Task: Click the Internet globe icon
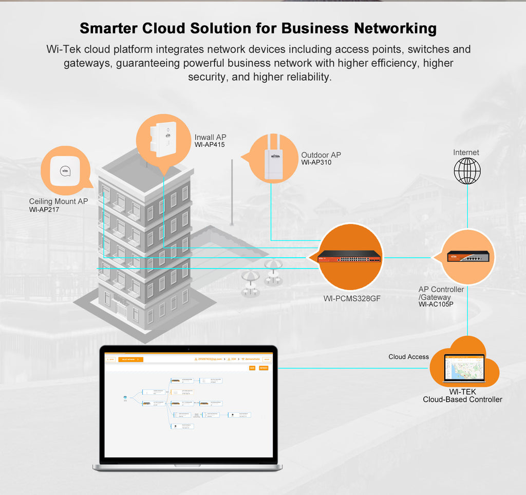[467, 171]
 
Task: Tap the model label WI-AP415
[210, 145]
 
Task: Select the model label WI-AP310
[316, 163]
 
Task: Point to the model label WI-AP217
[45, 210]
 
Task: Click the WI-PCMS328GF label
[352, 298]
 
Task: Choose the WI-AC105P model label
[436, 304]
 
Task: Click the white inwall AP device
[163, 139]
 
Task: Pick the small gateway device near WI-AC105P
[467, 256]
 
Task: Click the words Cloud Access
[408, 357]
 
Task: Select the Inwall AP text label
[210, 137]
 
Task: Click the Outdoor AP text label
[321, 155]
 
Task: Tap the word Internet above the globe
[466, 153]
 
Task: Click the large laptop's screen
[187, 406]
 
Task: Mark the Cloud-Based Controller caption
[462, 399]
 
